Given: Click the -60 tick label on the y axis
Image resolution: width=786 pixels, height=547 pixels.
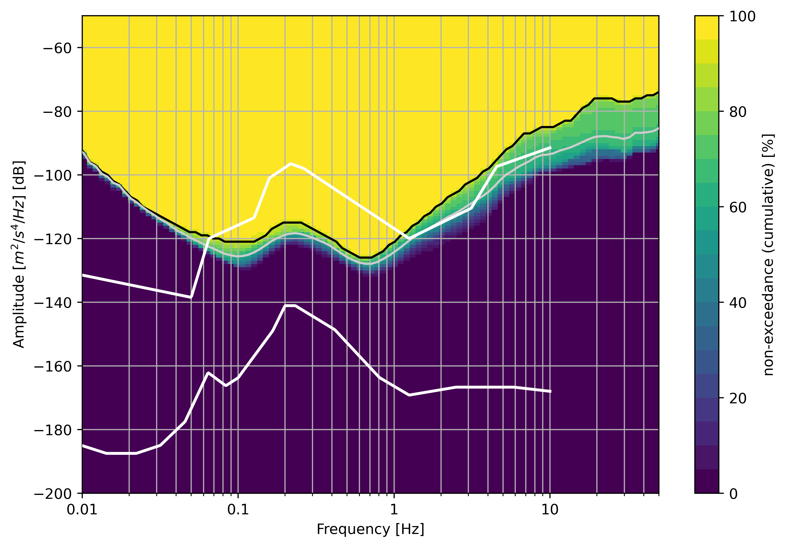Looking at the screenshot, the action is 57,48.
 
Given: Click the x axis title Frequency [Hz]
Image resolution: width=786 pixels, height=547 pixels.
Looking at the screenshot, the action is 370,530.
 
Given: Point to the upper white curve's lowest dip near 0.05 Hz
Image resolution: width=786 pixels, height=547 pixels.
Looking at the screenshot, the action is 191,297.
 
